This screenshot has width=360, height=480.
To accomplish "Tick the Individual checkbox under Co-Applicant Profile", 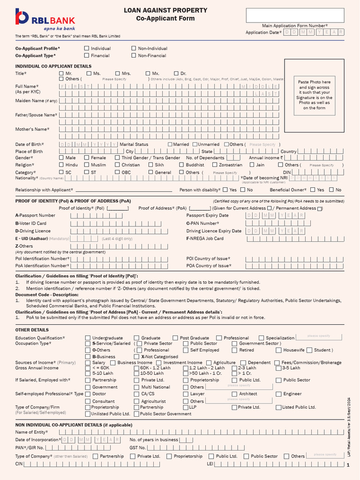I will point(87,48).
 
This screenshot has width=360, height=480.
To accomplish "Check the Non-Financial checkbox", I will point(134,55).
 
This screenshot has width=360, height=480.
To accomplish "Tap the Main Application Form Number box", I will point(295,15).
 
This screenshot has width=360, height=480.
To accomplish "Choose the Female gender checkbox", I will point(87,158).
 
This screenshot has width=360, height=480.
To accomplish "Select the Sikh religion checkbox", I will point(151,165).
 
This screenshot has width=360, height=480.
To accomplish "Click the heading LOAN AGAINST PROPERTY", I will point(165,10).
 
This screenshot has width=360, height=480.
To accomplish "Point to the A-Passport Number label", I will point(35,215).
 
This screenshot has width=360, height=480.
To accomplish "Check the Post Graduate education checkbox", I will point(175,338).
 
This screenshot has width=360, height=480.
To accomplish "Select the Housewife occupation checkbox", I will point(279,350).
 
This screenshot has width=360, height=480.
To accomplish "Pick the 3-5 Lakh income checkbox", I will point(279,368).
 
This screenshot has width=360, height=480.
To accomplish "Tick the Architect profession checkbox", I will point(235,394).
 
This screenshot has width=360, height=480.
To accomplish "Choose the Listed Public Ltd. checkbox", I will point(278,407).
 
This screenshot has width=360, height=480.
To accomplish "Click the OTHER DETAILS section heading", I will point(32,330).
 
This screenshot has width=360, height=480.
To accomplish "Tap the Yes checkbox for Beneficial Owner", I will point(312,190).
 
